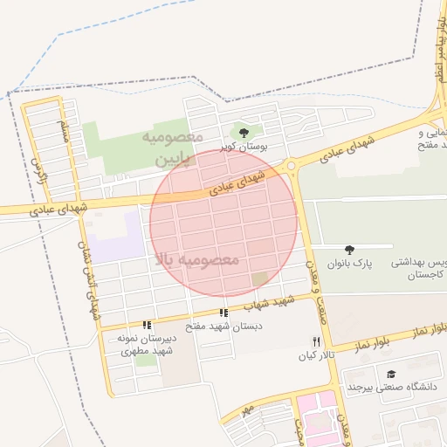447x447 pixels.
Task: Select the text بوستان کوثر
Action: [243, 146]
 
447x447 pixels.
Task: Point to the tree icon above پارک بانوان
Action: [350, 250]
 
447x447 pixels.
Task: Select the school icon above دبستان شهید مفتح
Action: [224, 313]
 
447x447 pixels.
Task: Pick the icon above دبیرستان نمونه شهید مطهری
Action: [147, 325]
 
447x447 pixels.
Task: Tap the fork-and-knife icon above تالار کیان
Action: [317, 341]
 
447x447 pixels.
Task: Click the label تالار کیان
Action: [318, 355]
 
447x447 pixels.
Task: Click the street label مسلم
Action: [64, 131]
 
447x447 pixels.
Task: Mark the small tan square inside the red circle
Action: [260, 279]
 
